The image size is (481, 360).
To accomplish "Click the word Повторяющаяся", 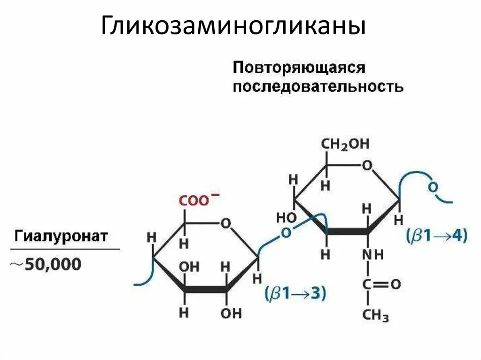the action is (x=299, y=67).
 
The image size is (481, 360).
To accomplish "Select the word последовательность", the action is (x=318, y=87).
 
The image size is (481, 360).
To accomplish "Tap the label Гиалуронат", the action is (x=62, y=235).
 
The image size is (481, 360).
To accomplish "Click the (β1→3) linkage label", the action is (x=296, y=294).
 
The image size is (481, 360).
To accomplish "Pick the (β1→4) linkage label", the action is (x=437, y=236).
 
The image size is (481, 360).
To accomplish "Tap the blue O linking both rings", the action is (x=285, y=233).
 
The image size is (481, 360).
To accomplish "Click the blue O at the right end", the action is (x=433, y=187).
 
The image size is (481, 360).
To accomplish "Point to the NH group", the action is (x=372, y=255).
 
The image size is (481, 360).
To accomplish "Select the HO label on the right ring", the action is (x=286, y=217).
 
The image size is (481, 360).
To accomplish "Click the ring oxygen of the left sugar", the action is (x=226, y=223).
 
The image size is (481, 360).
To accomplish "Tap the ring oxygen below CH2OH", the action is (x=367, y=165).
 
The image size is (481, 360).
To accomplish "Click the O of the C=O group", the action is (x=395, y=284).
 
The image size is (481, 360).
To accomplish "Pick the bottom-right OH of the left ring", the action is (x=231, y=313).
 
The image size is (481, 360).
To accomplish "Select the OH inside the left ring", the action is (x=189, y=267).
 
